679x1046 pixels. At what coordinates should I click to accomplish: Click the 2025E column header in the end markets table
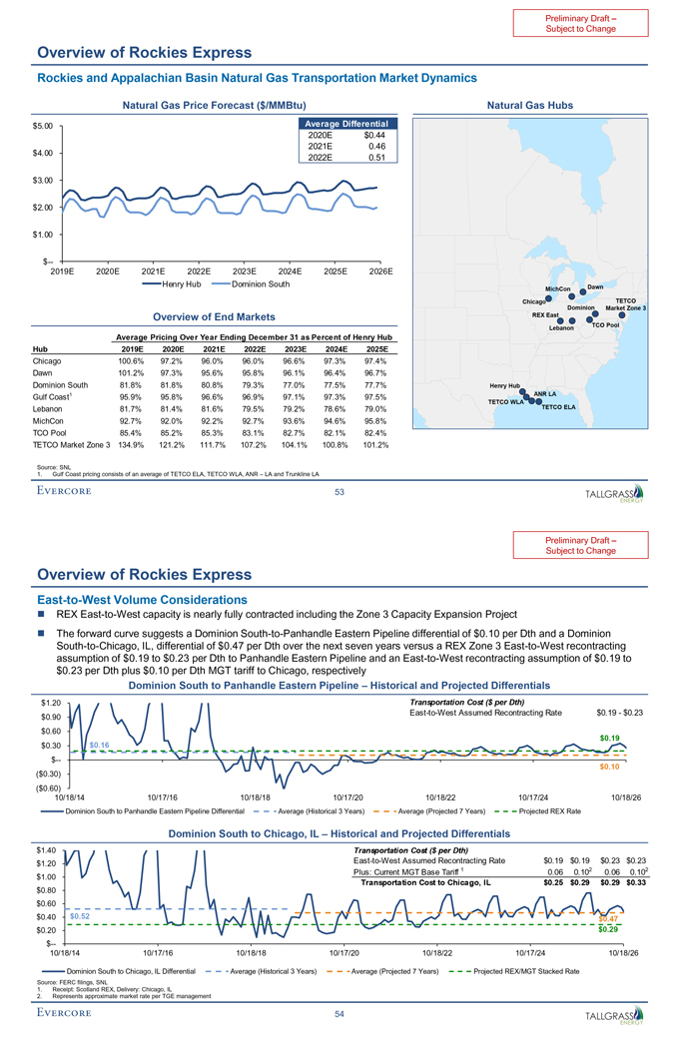pos(375,349)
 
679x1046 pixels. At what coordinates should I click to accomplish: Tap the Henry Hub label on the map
pos(505,385)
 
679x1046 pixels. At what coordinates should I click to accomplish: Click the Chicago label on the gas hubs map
pos(534,301)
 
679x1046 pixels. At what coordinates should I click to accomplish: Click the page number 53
pos(340,491)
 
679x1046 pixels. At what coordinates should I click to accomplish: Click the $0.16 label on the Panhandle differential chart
pos(99,745)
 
